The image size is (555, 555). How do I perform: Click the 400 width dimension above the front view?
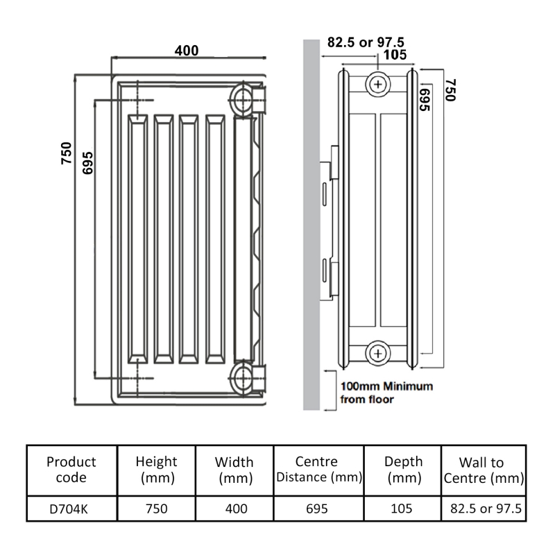point(186,51)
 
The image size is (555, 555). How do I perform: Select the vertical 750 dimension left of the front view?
point(67,152)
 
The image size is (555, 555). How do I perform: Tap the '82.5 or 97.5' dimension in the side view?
point(366,42)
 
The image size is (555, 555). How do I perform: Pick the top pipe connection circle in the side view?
point(378,84)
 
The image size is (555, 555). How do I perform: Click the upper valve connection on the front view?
point(244,98)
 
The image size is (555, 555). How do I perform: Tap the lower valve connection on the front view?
point(244,378)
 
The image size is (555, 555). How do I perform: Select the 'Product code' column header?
point(71,470)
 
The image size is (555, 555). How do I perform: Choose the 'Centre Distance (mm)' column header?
point(316,470)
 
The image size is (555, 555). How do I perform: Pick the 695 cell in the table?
point(316,509)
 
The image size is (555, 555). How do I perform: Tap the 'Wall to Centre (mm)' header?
point(482,470)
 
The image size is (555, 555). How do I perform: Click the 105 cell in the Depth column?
point(402,509)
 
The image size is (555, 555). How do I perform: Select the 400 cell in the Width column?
point(234,509)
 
